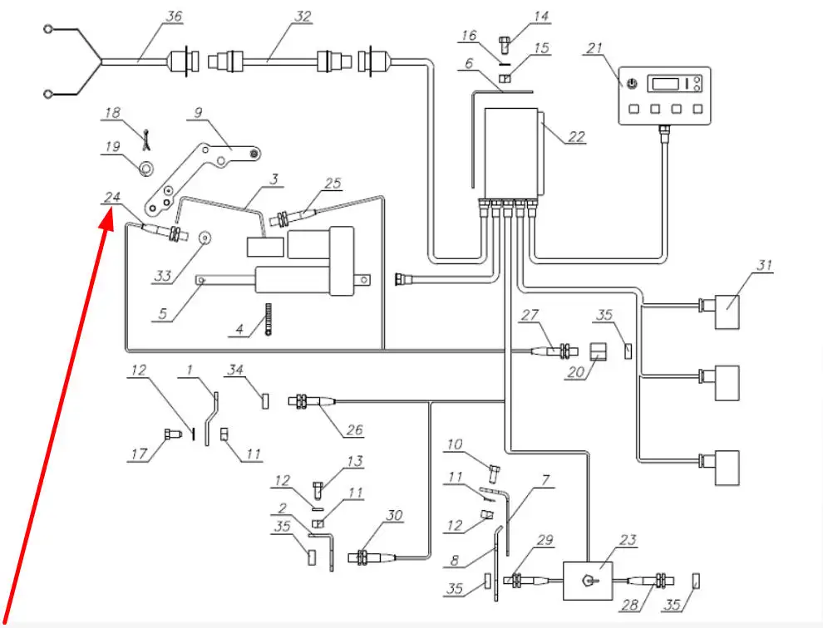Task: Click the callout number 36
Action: pos(174,17)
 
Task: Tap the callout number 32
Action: pos(303,17)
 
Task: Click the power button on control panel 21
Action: pos(633,83)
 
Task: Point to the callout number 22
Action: pos(576,137)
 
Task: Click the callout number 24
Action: pos(111,198)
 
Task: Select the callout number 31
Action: pos(764,265)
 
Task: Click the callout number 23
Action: pos(628,540)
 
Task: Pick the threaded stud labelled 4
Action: pos(269,319)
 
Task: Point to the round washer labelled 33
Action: pos(205,238)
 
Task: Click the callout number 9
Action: pos(198,113)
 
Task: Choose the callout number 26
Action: pos(355,429)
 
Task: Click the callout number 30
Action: pos(394,515)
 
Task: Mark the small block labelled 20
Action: pos(598,351)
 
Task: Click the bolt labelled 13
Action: pos(319,489)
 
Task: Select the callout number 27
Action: pos(530,315)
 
